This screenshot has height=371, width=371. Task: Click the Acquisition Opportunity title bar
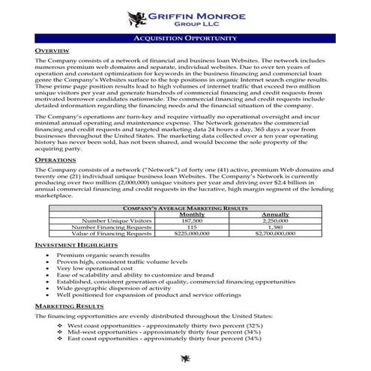pos(185,37)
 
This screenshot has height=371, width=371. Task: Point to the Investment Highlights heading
pos(76,246)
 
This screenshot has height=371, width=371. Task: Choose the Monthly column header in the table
pos(191,214)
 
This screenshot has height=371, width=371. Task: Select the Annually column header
pos(276,214)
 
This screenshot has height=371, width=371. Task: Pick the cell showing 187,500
pos(191,221)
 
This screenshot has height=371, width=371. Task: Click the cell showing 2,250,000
pos(276,221)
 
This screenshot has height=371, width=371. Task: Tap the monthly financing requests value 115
pos(191,227)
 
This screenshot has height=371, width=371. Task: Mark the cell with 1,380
pos(276,227)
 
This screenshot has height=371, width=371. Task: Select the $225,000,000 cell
pos(191,234)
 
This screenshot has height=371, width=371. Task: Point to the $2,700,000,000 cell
pos(276,234)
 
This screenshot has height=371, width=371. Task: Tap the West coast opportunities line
pos(164,326)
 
